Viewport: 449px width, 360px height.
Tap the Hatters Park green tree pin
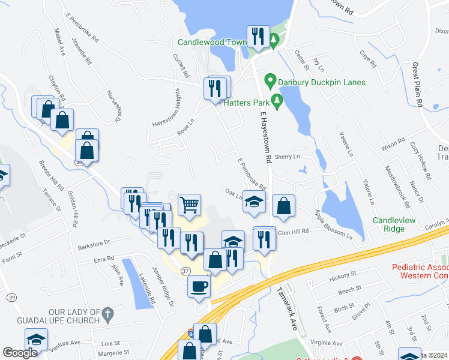277,100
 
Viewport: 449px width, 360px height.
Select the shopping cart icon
190,205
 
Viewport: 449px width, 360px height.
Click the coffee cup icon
199,286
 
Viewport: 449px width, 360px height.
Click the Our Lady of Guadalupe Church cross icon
107,312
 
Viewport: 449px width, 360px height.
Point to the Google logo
20,353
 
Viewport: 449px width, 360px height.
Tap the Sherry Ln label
287,157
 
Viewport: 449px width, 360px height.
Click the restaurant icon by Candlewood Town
258,35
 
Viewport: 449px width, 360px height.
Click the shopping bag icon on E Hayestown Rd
283,206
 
